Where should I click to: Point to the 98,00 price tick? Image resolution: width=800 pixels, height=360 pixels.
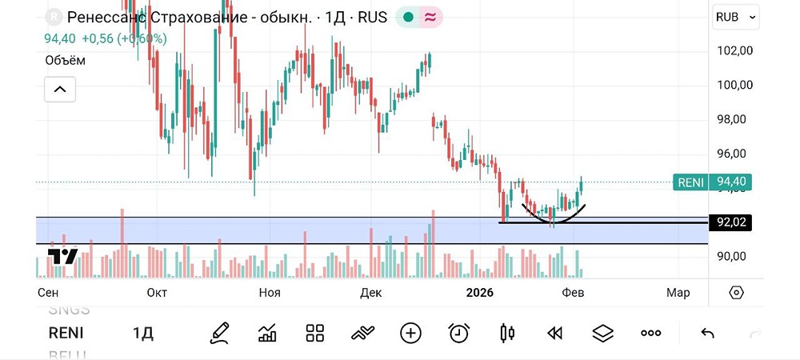734,119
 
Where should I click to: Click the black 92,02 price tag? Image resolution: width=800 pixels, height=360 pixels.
732,222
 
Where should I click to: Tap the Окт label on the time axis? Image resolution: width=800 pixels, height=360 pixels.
157,293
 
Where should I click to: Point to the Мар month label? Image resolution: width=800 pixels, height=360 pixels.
678,293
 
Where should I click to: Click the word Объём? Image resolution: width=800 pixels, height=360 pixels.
65,60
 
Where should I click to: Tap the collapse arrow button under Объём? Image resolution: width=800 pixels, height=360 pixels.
60,90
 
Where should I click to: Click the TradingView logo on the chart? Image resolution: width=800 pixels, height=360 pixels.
62,257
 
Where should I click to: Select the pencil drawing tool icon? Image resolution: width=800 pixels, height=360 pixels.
219,333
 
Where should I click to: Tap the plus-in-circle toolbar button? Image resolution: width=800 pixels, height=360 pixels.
410,333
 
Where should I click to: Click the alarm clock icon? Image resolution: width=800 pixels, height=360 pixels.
458,333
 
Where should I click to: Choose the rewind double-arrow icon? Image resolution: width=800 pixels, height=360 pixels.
554,333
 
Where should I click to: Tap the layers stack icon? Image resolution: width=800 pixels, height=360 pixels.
602,333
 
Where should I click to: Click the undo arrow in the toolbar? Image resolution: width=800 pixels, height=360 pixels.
707,333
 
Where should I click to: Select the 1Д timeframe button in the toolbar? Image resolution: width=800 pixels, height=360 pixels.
142,333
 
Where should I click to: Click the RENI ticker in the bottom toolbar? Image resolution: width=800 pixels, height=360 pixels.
66,333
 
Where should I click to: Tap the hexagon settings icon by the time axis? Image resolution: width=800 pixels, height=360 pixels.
737,293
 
